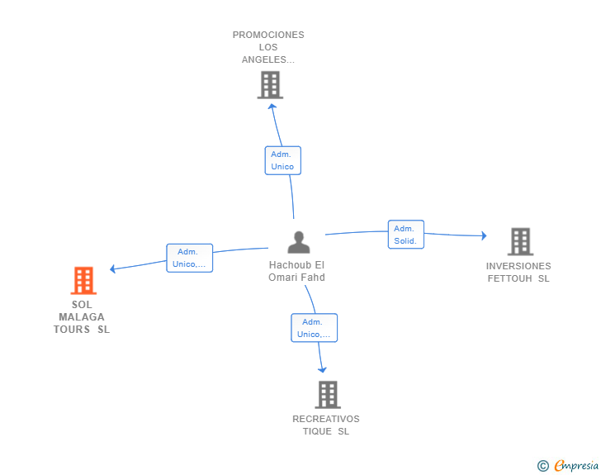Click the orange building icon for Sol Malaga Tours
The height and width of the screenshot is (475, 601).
83,281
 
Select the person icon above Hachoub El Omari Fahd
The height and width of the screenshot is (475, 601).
299,242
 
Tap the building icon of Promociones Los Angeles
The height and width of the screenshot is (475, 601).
270,85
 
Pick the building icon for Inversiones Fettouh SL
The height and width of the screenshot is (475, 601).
520,242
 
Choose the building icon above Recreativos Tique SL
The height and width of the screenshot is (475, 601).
328,395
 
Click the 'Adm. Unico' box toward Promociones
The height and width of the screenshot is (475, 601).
283,160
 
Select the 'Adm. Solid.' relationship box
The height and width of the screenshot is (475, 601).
406,235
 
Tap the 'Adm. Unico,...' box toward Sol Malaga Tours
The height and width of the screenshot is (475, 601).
189,258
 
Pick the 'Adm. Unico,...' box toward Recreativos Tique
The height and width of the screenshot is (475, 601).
315,328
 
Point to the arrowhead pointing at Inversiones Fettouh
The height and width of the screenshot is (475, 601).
484,235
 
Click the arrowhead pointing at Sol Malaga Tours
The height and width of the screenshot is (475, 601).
112,268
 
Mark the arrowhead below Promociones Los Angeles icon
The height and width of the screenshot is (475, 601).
272,107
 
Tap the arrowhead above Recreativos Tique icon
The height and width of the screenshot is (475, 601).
322,369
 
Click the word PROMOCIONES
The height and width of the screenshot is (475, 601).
268,35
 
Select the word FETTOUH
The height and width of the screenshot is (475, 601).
509,278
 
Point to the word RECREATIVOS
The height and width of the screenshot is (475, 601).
326,419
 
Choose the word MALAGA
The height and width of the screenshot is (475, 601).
81,317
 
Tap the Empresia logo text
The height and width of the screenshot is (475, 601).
576,465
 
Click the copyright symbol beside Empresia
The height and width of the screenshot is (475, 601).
543,466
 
